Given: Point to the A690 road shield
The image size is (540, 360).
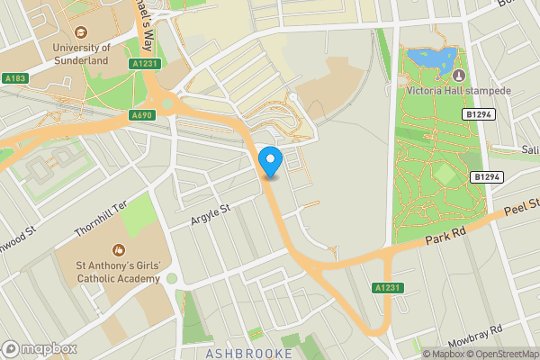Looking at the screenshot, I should click(x=141, y=115).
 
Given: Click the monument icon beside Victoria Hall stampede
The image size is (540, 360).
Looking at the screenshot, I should click(x=458, y=74).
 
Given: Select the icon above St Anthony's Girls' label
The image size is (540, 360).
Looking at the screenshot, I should click(x=117, y=249).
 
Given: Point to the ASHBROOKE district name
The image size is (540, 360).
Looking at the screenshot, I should click(x=249, y=353).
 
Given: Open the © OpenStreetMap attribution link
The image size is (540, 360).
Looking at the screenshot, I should click(x=500, y=354).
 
